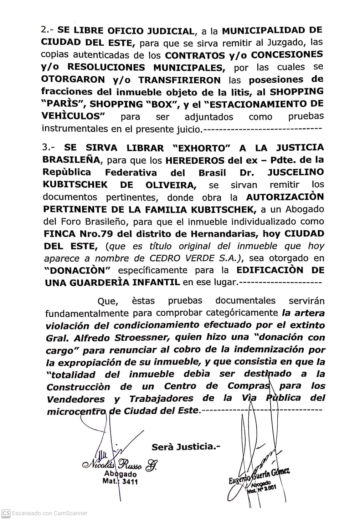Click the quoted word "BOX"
click(x=156, y=104)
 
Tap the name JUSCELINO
click(x=295, y=172)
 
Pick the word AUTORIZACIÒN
click(x=285, y=197)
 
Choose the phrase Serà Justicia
click(x=186, y=447)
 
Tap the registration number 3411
click(x=130, y=482)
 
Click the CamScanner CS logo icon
click(x=5, y=513)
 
